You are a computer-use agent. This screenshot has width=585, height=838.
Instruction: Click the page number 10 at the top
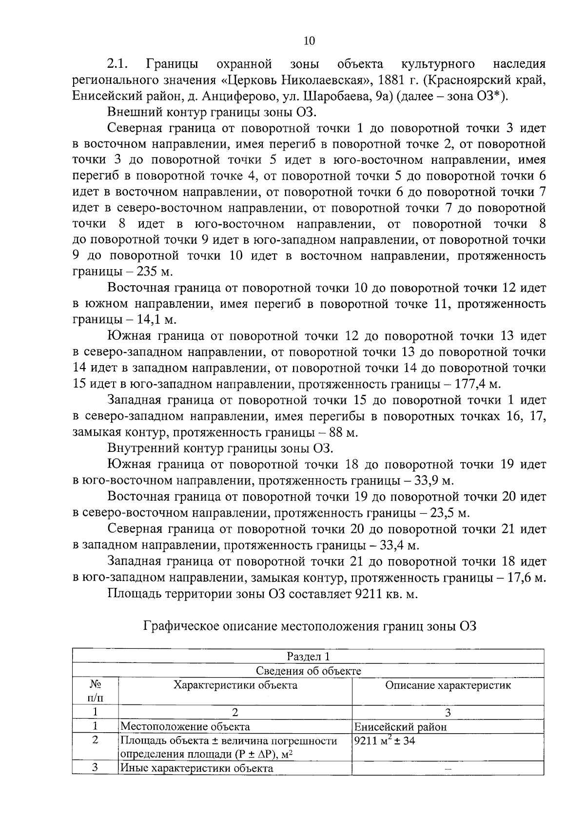[x=309, y=41]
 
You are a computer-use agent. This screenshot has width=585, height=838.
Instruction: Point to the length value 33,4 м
[x=399, y=545]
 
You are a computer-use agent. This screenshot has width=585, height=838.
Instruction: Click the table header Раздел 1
[x=308, y=656]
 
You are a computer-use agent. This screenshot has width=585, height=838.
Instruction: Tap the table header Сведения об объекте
[x=308, y=671]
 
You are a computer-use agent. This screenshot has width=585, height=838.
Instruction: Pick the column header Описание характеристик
[x=448, y=685]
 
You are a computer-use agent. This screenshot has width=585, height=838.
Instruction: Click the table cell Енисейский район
[x=400, y=727]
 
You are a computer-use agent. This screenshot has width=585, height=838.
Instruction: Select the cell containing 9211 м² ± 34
[x=385, y=741]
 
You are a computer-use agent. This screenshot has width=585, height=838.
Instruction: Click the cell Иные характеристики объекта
[x=197, y=768]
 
